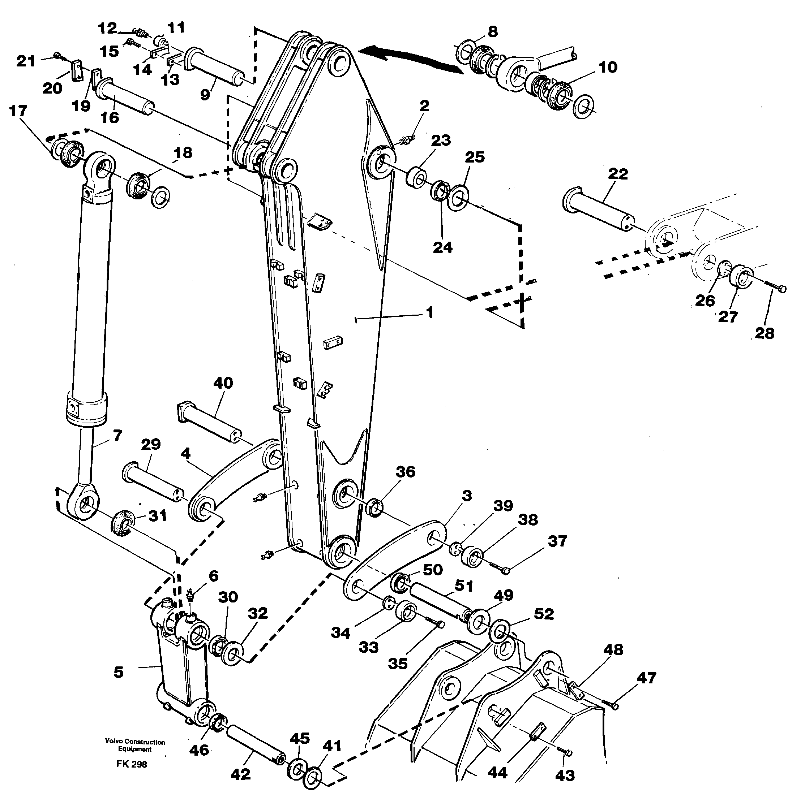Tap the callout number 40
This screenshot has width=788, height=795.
click(223, 383)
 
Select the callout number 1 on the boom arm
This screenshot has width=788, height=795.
click(429, 313)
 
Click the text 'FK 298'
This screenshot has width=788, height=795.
click(131, 764)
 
